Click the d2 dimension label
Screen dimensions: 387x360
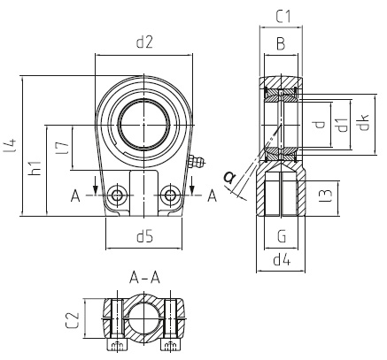(144, 42)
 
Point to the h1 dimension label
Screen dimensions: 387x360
(35, 168)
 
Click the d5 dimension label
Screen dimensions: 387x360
(144, 236)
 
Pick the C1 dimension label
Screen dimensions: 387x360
(283, 17)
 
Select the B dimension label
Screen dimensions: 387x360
(281, 44)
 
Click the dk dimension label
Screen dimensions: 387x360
(364, 122)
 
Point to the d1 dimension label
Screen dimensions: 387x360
(342, 125)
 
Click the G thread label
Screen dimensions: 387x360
(282, 236)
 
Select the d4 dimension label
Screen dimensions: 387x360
(282, 260)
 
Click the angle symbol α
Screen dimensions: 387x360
(229, 177)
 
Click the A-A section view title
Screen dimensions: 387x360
(144, 278)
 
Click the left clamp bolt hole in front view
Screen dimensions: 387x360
(118, 195)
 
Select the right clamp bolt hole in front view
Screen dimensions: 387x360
(170, 195)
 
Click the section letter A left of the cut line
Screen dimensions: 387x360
(75, 196)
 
